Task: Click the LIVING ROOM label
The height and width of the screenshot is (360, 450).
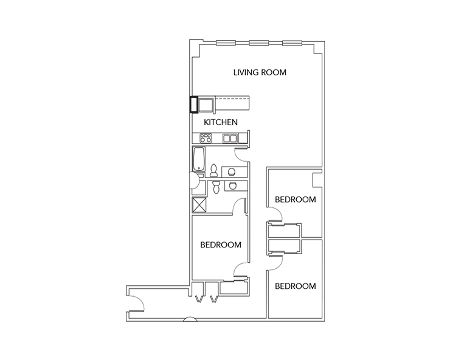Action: pos(260,72)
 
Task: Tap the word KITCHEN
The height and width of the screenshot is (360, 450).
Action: pos(220,122)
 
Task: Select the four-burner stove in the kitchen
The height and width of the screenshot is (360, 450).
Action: pos(202,138)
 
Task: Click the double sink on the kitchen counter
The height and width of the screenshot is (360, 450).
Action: pos(230,138)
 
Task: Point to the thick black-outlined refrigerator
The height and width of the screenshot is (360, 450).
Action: pos(193,105)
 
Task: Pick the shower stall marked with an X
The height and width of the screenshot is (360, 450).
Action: pos(199,205)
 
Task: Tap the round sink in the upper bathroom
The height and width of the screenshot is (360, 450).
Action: pos(234,171)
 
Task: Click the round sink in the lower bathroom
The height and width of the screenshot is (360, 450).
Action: pos(234,186)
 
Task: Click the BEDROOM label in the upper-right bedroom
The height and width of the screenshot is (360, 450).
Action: pos(296,199)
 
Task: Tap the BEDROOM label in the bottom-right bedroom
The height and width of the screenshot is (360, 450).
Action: pos(296,286)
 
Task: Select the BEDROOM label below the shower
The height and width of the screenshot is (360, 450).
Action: pos(221,245)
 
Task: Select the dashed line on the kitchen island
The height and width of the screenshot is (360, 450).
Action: pos(231,97)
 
